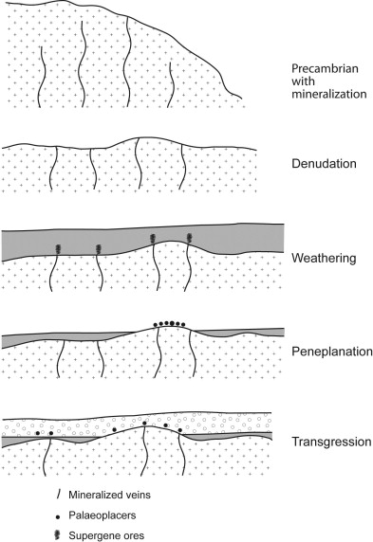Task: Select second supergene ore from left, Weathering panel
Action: [x=99, y=248]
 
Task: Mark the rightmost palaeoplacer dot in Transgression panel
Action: [x=180, y=430]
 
